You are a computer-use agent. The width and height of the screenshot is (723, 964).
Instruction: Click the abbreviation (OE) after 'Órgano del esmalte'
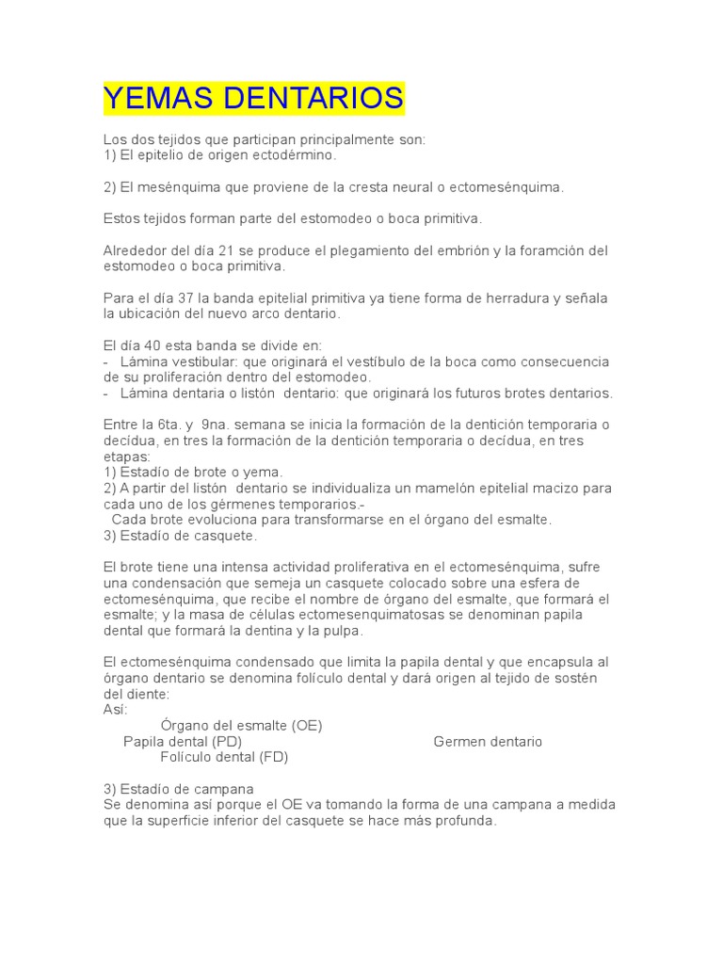(307, 726)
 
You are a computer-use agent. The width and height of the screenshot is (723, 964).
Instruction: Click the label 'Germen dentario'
(488, 741)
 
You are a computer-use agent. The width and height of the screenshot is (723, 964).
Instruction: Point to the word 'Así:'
(114, 710)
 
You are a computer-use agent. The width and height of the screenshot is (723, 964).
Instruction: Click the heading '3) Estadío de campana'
(179, 789)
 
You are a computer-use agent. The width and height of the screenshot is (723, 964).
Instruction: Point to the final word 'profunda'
(465, 820)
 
